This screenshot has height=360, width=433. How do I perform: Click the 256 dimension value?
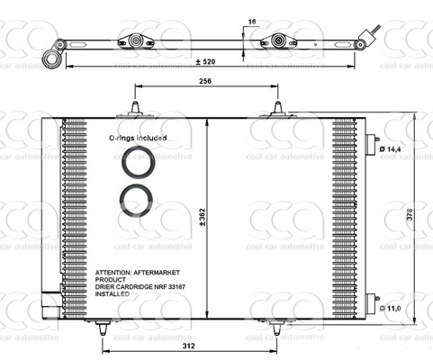click(x=207, y=81)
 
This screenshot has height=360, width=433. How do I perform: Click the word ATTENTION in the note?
click(x=122, y=270)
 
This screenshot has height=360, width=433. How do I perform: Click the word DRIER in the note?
click(x=108, y=286)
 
